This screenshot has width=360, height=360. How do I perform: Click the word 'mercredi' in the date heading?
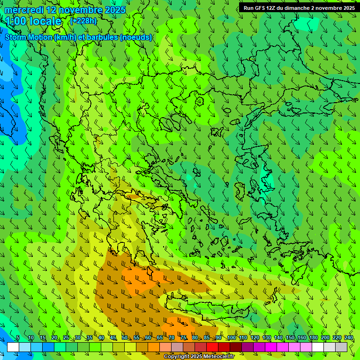click(x=24, y=10)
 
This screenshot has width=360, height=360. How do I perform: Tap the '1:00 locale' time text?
click(x=33, y=21)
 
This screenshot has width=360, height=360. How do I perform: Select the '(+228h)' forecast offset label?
click(x=83, y=21)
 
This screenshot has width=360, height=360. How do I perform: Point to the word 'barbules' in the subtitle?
click(x=100, y=37)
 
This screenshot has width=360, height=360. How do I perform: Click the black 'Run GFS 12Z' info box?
click(x=299, y=8)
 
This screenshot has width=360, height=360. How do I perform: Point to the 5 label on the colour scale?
click(x=18, y=338)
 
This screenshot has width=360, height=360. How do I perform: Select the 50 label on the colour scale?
click(x=124, y=338)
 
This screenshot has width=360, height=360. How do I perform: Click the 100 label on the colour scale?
click(x=231, y=338)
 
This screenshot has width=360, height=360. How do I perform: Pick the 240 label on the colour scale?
click(x=349, y=338)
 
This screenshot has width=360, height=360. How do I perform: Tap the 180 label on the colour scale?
click(x=313, y=338)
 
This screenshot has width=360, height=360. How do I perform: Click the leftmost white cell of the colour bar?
click(x=13, y=347)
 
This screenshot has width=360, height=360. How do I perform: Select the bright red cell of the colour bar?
click(x=212, y=347)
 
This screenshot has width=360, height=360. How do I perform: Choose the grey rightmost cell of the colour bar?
click(x=341, y=347)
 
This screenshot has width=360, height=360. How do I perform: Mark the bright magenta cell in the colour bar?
click(x=271, y=347)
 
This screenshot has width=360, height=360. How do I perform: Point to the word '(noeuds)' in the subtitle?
click(x=136, y=37)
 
